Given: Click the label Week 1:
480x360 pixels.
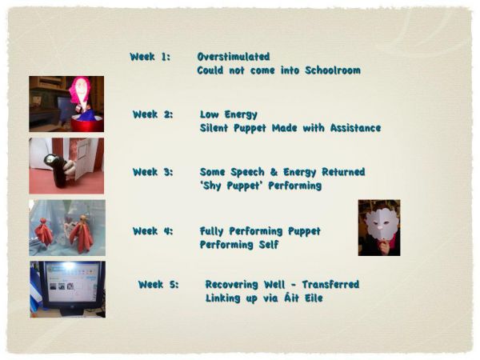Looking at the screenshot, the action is [x=150, y=57].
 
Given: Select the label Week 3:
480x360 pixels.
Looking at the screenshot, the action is [x=153, y=172].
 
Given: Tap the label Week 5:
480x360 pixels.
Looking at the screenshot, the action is [x=158, y=284].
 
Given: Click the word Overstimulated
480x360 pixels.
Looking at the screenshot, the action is [x=234, y=57].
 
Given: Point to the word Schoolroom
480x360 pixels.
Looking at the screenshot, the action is [x=333, y=70].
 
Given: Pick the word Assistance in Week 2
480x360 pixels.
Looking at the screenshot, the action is [x=356, y=128].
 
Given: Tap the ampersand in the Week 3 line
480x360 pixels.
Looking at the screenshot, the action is [x=274, y=172].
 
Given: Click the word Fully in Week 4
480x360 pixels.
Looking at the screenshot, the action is [x=211, y=231].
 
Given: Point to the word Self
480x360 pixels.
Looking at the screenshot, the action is [x=269, y=245].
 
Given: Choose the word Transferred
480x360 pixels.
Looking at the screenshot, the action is [x=330, y=284].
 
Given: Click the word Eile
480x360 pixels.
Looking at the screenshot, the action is [x=313, y=298].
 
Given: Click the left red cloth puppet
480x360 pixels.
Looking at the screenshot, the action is [x=44, y=232].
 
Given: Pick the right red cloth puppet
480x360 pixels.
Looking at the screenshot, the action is [x=81, y=234].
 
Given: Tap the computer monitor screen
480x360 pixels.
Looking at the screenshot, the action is [x=72, y=282].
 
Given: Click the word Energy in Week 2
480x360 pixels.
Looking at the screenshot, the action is [x=241, y=114].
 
